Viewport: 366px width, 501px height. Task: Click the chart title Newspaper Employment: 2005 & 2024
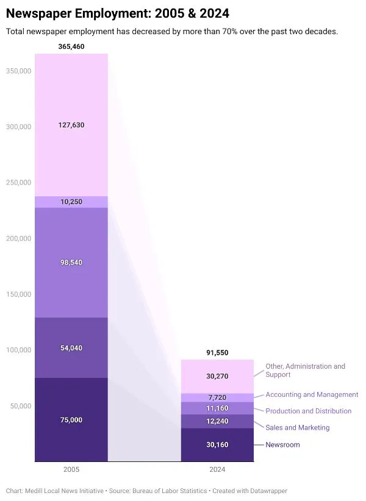pyautogui.click(x=118, y=13)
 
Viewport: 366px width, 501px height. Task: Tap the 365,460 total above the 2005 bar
pyautogui.click(x=71, y=46)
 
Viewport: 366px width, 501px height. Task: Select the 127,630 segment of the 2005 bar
pyautogui.click(x=71, y=125)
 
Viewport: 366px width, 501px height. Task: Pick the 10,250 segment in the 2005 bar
pyautogui.click(x=71, y=202)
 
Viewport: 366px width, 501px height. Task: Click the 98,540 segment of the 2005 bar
pyautogui.click(x=71, y=263)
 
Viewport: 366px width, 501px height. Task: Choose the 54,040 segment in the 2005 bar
pyautogui.click(x=71, y=348)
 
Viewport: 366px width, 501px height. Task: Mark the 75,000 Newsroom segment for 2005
pyautogui.click(x=71, y=420)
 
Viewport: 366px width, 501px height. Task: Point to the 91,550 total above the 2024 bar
pyautogui.click(x=217, y=353)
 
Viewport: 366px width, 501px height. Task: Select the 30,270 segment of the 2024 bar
pyautogui.click(x=217, y=376)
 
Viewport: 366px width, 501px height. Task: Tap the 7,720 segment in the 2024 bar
pyautogui.click(x=217, y=397)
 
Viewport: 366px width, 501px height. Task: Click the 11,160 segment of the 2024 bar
pyautogui.click(x=217, y=408)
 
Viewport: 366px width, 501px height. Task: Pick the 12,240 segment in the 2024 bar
pyautogui.click(x=217, y=421)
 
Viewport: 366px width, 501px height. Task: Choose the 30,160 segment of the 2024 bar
pyautogui.click(x=217, y=445)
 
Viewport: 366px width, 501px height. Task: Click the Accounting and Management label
pyautogui.click(x=312, y=395)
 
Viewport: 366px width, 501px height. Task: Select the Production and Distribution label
pyautogui.click(x=308, y=411)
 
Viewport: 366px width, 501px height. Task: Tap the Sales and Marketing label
pyautogui.click(x=297, y=428)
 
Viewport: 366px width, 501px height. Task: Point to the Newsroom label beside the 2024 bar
pyautogui.click(x=282, y=445)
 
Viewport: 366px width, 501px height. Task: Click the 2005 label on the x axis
pyautogui.click(x=71, y=470)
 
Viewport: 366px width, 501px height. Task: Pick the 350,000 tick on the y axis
pyautogui.click(x=18, y=71)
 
